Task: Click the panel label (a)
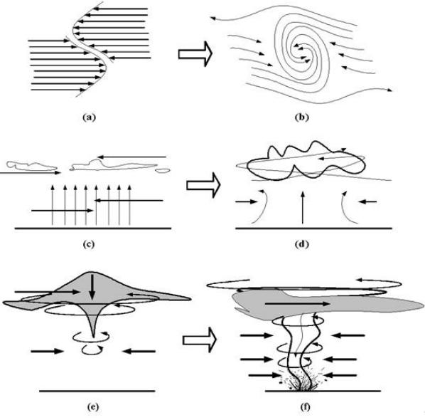[89, 117]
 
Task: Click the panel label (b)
[301, 117]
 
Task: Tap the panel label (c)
[89, 244]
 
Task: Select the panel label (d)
[301, 244]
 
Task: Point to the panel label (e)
[93, 407]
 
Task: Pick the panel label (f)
[306, 407]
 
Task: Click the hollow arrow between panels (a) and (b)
[195, 54]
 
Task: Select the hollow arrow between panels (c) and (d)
[203, 185]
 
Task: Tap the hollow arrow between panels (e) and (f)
[200, 340]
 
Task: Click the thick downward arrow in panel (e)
[92, 287]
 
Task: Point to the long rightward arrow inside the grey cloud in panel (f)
[297, 304]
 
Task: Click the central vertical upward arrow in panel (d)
[303, 208]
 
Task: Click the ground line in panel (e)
[97, 392]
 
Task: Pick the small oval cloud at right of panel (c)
[163, 171]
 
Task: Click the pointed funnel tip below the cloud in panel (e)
[94, 337]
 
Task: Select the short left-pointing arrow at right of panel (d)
[367, 201]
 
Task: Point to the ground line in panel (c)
[93, 229]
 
